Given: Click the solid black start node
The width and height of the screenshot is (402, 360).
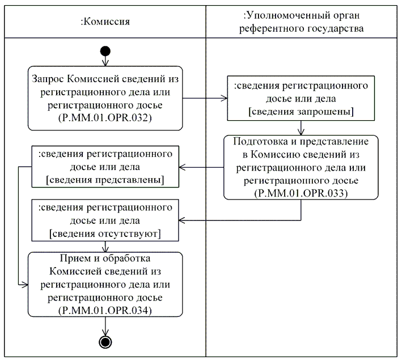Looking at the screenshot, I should [105, 52].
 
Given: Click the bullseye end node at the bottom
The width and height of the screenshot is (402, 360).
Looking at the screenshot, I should [105, 341].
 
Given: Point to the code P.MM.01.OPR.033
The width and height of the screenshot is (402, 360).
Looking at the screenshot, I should [300, 192].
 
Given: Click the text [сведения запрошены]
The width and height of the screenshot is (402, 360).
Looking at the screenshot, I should [300, 111].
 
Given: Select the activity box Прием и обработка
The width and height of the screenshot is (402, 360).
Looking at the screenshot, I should [105, 283].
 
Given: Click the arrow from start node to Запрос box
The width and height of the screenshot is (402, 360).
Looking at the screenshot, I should [105, 61].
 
